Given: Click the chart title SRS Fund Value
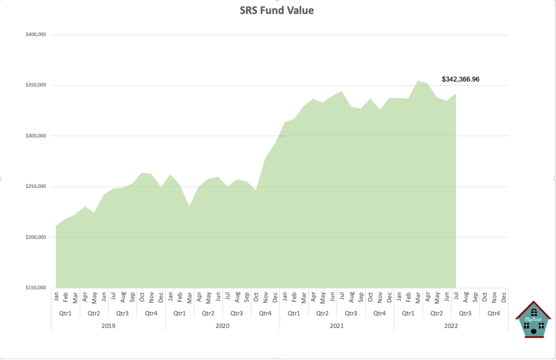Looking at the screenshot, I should pos(277,10).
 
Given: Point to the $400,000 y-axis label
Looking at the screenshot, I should pos(36,35).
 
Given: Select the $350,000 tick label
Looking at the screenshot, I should pos(36,85).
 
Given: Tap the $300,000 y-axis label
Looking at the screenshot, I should pos(36,136).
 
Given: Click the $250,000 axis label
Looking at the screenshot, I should pos(36,187).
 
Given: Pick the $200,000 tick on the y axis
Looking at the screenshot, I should pos(36,237).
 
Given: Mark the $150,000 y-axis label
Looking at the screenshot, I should pos(36,288).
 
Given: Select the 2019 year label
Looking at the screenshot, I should pos(108,326).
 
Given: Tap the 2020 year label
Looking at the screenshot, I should pos(222,326).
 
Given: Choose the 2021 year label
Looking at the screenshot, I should pos(336,326).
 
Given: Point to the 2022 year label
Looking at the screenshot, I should pos(451,326).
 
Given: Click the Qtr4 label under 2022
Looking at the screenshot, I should pos(494,313).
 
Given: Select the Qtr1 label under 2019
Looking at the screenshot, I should pos(65,313).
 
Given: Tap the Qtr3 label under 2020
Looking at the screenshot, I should pos(237,313).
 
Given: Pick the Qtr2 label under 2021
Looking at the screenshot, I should pos(323,313).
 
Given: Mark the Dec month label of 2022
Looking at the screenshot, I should pos(503,297).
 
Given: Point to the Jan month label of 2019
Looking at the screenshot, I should pos(56,297).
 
